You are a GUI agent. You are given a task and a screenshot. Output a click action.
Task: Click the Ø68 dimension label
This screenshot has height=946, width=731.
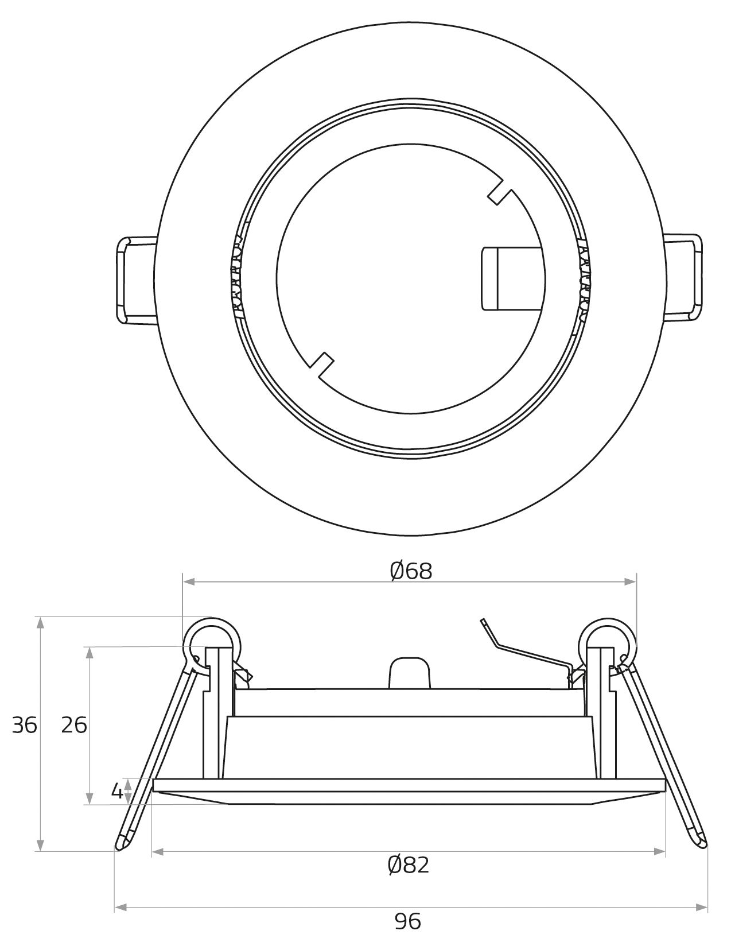coord(410,571)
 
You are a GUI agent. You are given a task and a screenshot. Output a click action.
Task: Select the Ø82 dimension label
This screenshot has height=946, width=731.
coord(408,864)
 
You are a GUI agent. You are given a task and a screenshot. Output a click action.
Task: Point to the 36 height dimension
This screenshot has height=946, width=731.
coord(25,726)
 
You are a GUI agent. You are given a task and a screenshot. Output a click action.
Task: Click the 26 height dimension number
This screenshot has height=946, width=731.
coord(74,726)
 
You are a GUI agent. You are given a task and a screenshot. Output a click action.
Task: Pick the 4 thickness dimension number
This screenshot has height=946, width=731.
coord(116,792)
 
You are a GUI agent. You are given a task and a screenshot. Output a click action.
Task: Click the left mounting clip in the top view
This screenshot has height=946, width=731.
coord(135,280)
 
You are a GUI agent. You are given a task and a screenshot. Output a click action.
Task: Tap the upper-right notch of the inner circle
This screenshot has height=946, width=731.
coord(500,193)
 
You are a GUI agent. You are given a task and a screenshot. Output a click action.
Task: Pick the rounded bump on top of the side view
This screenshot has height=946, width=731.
coord(410,673)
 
